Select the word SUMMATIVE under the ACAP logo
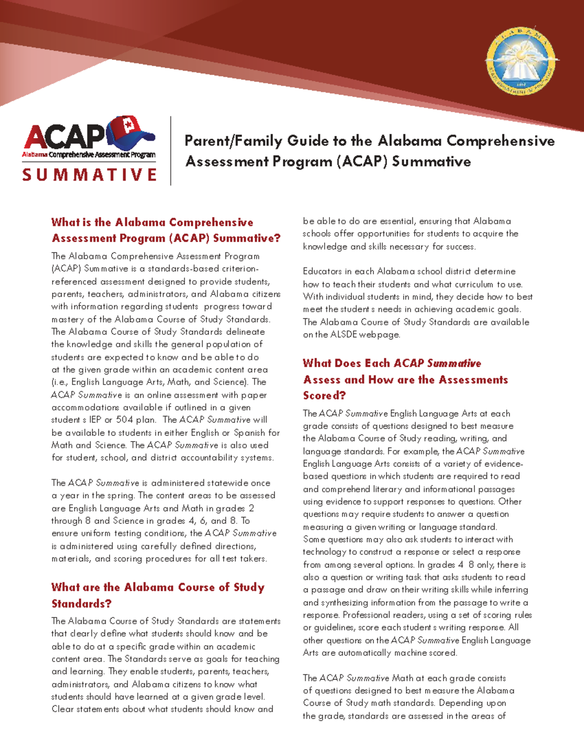pos(90,175)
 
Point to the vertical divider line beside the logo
pos(171,150)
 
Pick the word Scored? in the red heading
pos(324,395)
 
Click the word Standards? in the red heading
pos(81,604)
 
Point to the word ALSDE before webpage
pos(344,334)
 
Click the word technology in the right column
pos(324,552)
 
